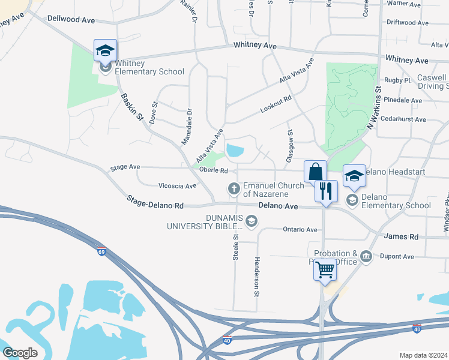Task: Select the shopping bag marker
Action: (315, 172)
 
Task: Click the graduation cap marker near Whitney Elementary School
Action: (105, 50)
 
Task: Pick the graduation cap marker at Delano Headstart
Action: (354, 175)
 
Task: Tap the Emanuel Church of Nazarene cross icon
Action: (234, 190)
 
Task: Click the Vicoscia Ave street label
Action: (177, 185)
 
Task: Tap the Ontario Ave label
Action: (300, 229)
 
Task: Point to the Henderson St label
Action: (256, 277)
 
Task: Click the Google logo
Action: (20, 352)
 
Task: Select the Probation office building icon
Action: (366, 258)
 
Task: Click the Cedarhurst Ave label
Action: (403, 119)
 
